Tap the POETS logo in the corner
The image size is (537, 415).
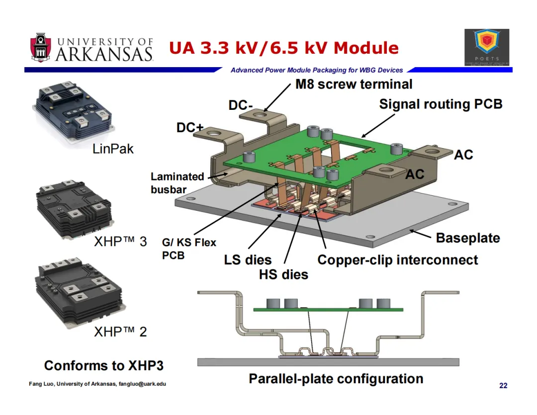pyautogui.click(x=487, y=47)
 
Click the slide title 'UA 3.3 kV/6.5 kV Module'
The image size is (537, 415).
pyautogui.click(x=284, y=48)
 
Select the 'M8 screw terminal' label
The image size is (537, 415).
pyautogui.click(x=354, y=84)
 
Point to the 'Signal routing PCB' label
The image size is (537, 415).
pyautogui.click(x=441, y=104)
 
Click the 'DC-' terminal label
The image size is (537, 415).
pyautogui.click(x=241, y=106)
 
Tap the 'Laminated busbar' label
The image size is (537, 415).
pyautogui.click(x=177, y=182)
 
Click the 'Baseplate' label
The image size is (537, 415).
pyautogui.click(x=467, y=238)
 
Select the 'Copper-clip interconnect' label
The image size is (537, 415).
pyautogui.click(x=397, y=260)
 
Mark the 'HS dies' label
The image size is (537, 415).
pyautogui.click(x=283, y=274)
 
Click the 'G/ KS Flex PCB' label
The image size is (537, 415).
pyautogui.click(x=189, y=249)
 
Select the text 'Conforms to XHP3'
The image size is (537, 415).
pyautogui.click(x=104, y=366)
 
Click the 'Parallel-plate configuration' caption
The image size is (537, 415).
pyautogui.click(x=336, y=379)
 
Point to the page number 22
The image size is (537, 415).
pyautogui.click(x=503, y=386)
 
